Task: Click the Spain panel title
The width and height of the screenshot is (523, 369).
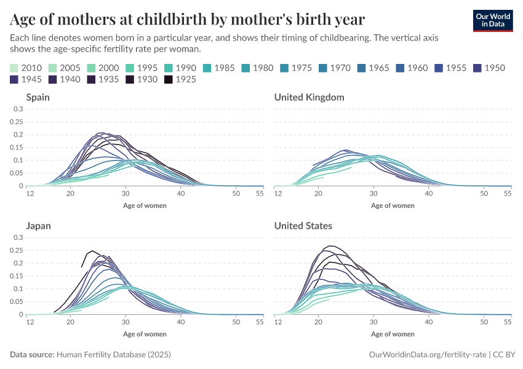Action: (x=38, y=97)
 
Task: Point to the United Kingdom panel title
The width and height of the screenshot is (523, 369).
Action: (x=309, y=97)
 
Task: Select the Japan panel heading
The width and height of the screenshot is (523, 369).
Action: (x=38, y=226)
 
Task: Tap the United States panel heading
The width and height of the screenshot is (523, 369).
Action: (x=303, y=226)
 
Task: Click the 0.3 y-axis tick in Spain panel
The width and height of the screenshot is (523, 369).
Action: (x=18, y=109)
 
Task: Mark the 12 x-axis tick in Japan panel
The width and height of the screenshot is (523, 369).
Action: (x=30, y=322)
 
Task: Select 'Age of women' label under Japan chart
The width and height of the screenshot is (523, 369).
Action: (x=145, y=334)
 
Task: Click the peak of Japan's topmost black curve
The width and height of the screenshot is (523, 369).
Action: (x=92, y=251)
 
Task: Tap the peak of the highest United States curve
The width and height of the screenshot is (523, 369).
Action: (x=331, y=246)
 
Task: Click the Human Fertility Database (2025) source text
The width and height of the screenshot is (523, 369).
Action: (x=113, y=355)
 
